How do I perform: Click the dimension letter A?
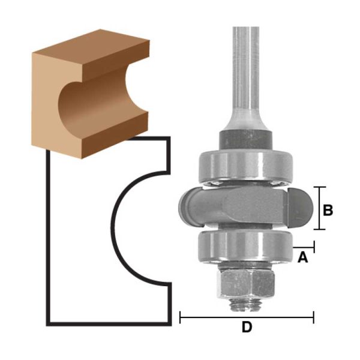pos(302,257)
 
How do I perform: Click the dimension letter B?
pos(328,210)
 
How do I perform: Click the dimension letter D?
pos(247,327)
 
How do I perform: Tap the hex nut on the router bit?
pos(245,284)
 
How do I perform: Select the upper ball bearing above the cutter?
pos(245,166)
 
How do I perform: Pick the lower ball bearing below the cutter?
pos(245,247)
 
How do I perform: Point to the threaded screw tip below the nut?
pos(245,305)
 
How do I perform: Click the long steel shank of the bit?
pos(246,78)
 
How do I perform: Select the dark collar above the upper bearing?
pos(245,140)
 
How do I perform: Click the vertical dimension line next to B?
pos(319,208)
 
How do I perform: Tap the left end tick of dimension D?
pos(180,317)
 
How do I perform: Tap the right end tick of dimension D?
pos(313,317)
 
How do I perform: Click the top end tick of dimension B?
pos(319,187)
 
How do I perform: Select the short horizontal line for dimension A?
pos(304,247)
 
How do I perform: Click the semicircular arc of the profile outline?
pos(113,227)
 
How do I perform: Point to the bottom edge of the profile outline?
pos(109,324)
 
